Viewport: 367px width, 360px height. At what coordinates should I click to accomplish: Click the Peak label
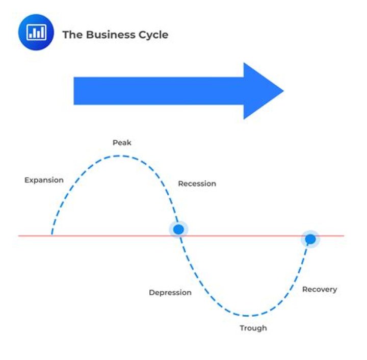click(122, 143)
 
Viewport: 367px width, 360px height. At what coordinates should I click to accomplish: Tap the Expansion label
click(44, 180)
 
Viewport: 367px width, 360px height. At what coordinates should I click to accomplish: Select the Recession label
click(197, 184)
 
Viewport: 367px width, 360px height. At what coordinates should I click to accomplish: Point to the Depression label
click(170, 293)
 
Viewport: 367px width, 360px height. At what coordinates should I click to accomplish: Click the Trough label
click(253, 328)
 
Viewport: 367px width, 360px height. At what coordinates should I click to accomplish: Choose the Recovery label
click(320, 290)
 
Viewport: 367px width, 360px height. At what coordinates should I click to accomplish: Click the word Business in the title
click(111, 35)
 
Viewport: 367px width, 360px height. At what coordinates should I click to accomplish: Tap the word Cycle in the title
click(153, 35)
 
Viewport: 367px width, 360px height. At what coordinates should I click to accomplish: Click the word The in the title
click(72, 35)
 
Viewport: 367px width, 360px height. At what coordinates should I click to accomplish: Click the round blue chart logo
click(36, 32)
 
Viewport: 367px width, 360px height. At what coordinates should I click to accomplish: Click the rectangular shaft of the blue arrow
click(159, 91)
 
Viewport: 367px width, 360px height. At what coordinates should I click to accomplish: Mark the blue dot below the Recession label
click(178, 229)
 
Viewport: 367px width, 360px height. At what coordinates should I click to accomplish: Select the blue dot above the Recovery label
click(310, 239)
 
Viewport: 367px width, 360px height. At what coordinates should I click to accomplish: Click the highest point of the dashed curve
click(119, 156)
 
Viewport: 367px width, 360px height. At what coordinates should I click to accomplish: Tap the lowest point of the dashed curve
click(246, 316)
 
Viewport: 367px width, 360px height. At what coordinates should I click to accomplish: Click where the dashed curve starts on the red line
click(52, 235)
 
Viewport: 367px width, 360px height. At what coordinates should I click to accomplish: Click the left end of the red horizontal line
click(18, 236)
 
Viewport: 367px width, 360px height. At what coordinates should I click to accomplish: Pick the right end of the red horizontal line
click(344, 236)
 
